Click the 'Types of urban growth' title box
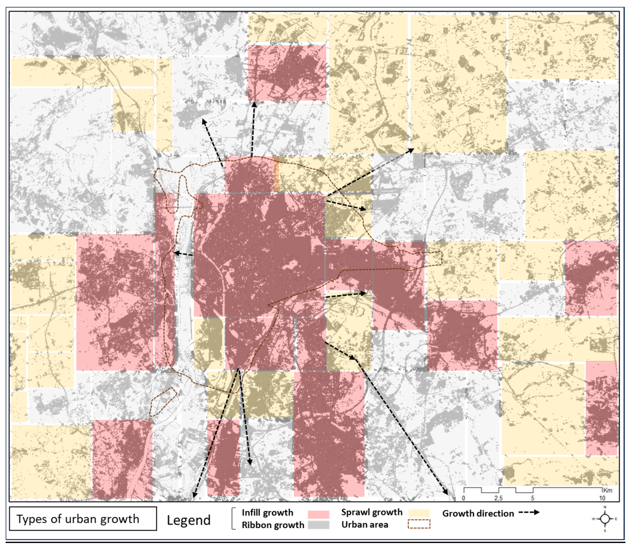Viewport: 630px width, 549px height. tap(83, 519)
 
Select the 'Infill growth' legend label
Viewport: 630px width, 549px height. tap(267, 513)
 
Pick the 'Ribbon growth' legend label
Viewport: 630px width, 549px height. tap(273, 525)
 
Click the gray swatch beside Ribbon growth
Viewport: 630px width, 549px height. tap(318, 525)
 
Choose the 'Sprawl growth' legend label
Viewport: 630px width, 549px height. tap(372, 512)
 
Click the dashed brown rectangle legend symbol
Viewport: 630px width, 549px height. tap(419, 524)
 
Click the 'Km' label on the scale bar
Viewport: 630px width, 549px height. tap(608, 490)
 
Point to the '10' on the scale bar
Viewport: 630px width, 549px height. tap(602, 498)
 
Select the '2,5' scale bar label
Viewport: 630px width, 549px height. tap(498, 498)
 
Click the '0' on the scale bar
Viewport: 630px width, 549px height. tap(463, 498)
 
